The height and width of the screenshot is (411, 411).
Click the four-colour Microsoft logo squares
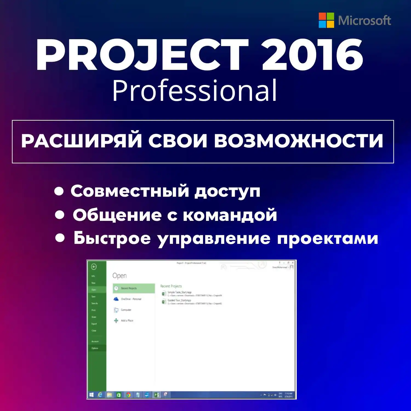click(326, 20)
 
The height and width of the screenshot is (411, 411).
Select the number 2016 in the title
click(312, 55)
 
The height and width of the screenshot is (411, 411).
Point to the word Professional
click(195, 91)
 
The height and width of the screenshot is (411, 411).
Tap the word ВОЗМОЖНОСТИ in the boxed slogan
click(298, 141)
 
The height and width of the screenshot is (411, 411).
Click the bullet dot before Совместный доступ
click(59, 191)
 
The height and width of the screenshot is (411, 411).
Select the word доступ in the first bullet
click(227, 191)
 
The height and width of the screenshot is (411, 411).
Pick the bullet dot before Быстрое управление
click(60, 238)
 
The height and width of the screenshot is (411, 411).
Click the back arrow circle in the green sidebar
click(94, 267)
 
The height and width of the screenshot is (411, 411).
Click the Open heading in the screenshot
click(119, 276)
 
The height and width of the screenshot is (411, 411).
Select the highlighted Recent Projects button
click(134, 288)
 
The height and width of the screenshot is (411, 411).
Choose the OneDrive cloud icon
click(116, 299)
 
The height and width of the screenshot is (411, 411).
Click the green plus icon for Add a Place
click(116, 321)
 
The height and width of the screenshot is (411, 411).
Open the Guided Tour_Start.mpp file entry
click(179, 301)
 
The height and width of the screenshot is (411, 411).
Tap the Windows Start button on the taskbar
click(92, 395)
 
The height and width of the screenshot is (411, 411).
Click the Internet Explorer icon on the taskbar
click(100, 395)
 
